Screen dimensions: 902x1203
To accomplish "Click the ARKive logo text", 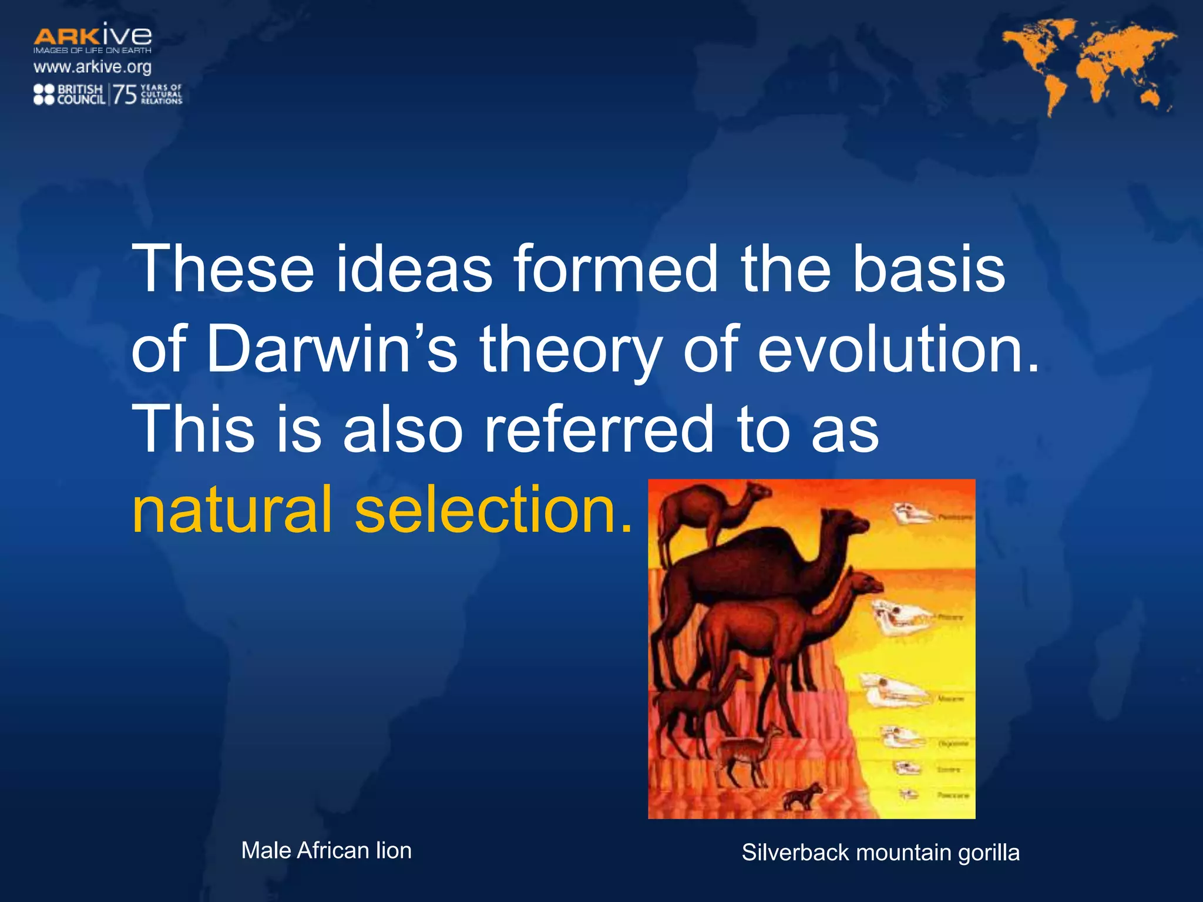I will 92,36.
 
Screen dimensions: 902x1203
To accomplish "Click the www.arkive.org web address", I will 92,67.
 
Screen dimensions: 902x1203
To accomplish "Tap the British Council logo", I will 69,95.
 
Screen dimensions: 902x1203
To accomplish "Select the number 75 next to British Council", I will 125,95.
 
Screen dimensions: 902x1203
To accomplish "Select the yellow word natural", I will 233,509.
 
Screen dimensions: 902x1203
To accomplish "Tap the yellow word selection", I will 493,509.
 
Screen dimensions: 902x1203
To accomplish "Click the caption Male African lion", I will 326,850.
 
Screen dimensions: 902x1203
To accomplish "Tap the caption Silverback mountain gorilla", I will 880,852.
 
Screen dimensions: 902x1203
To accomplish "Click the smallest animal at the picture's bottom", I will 802,796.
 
